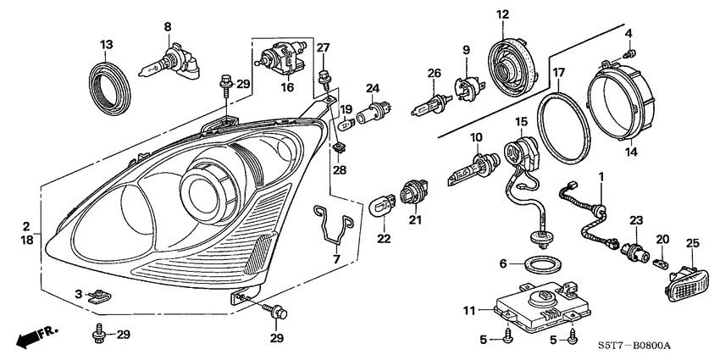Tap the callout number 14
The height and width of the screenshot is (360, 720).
tap(629, 154)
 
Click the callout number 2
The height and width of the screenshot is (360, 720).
tap(26, 227)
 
